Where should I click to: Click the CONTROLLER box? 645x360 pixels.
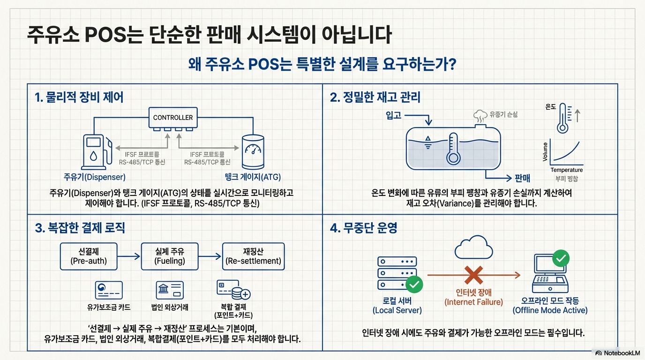coord(173,118)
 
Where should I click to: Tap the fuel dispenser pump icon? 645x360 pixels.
coord(97,151)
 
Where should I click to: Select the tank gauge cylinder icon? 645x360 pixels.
coord(253,151)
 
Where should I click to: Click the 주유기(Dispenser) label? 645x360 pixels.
coord(95,177)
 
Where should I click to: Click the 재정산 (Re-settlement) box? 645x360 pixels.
coord(253,256)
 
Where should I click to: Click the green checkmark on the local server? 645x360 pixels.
coord(414,284)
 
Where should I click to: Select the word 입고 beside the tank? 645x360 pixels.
coord(393,115)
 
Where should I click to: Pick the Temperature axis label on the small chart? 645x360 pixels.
coord(567,170)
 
